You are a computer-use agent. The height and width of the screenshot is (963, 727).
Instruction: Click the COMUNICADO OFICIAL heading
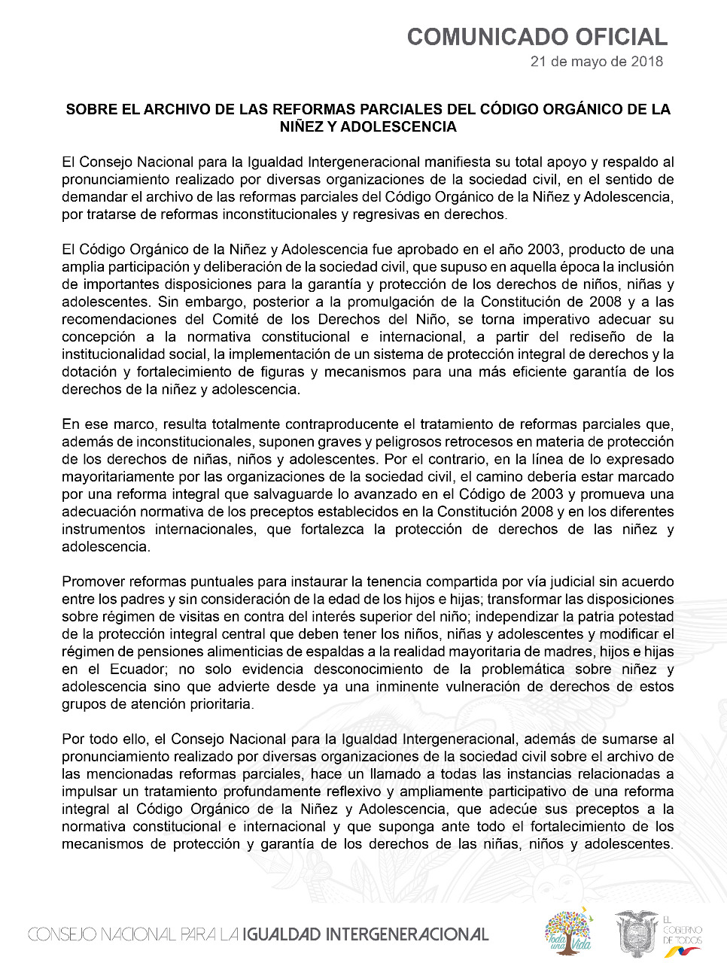pyautogui.click(x=537, y=37)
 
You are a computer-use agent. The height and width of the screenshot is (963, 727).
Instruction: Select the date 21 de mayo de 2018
pyautogui.click(x=596, y=62)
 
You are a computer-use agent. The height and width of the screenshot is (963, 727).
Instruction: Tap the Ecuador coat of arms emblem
pyautogui.click(x=636, y=933)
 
